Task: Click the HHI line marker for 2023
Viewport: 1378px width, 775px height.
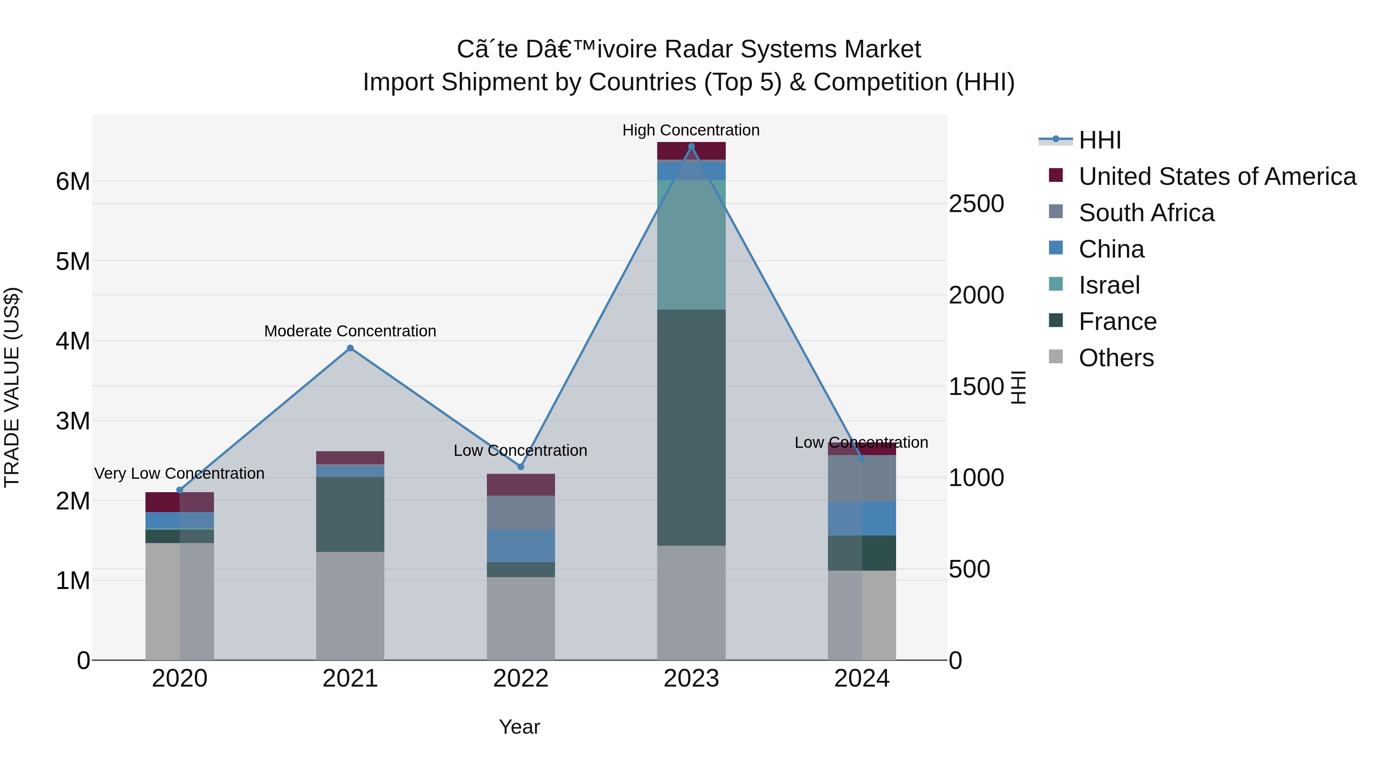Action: pyautogui.click(x=691, y=147)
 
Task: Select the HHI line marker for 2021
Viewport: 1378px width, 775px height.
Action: pyautogui.click(x=350, y=348)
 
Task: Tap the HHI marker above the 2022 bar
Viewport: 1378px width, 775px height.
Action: pyautogui.click(x=521, y=467)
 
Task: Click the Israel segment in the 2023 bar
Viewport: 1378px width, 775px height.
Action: pyautogui.click(x=691, y=245)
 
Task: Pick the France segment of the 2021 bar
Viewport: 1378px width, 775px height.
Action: pyautogui.click(x=350, y=514)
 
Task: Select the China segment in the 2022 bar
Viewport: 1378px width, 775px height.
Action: pyautogui.click(x=521, y=545)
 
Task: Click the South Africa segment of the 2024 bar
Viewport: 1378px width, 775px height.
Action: pyautogui.click(x=862, y=479)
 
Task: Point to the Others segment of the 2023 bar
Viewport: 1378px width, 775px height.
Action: pyautogui.click(x=691, y=603)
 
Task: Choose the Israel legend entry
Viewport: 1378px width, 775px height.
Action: pyautogui.click(x=1109, y=285)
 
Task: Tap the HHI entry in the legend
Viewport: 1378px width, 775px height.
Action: pyautogui.click(x=1099, y=140)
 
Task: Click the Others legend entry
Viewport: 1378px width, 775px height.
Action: pyautogui.click(x=1116, y=358)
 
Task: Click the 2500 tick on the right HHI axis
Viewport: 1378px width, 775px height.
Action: pyautogui.click(x=976, y=204)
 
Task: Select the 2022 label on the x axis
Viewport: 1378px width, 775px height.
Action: pyautogui.click(x=521, y=679)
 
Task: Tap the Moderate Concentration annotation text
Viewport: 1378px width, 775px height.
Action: pyautogui.click(x=350, y=331)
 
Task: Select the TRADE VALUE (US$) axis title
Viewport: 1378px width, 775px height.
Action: pyautogui.click(x=12, y=387)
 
